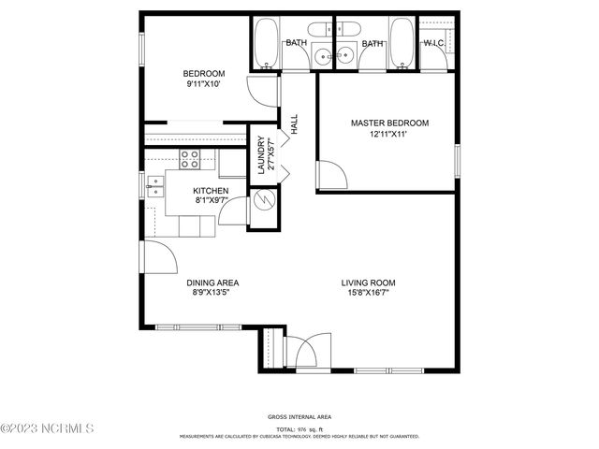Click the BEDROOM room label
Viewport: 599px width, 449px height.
(203, 74)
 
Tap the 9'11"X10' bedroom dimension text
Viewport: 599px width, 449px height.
(203, 84)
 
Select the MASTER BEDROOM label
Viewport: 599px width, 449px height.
(389, 123)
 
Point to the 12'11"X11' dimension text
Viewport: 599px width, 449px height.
(389, 134)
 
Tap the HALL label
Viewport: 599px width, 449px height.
(294, 125)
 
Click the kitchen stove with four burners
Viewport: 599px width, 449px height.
(190, 159)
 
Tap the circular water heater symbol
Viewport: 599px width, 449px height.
(263, 199)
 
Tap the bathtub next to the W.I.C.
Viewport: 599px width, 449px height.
(402, 44)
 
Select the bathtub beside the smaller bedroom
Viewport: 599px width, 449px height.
(265, 44)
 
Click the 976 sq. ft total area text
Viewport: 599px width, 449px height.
(299, 427)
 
